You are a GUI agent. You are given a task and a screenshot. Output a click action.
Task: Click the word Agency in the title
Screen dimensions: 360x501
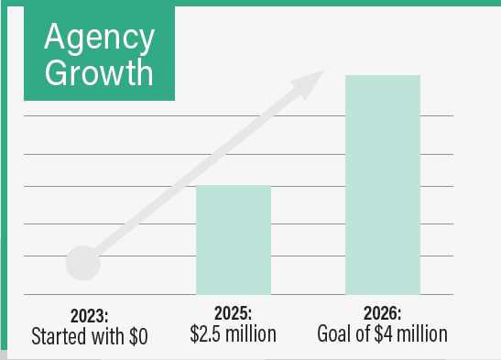100,38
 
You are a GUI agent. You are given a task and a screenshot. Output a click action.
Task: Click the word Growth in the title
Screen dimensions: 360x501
100,71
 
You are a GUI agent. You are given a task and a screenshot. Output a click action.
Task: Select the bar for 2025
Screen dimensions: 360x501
234,239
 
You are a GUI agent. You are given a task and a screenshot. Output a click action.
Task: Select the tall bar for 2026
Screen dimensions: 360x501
382,183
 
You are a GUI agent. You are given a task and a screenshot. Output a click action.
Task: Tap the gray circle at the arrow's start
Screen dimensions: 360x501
82,263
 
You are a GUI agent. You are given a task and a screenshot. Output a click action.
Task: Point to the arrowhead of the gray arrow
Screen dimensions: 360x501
311,83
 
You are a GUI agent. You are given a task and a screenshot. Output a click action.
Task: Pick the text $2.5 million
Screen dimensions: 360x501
233,334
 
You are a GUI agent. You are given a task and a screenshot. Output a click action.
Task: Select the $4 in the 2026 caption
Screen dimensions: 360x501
386,334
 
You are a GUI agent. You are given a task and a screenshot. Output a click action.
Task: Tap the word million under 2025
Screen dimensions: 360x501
250,334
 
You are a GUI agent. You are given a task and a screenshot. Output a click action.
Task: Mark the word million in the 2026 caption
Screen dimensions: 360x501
422,334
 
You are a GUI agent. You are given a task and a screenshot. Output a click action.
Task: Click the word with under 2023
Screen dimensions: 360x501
107,335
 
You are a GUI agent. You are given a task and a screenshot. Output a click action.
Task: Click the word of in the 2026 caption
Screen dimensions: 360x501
364,334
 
